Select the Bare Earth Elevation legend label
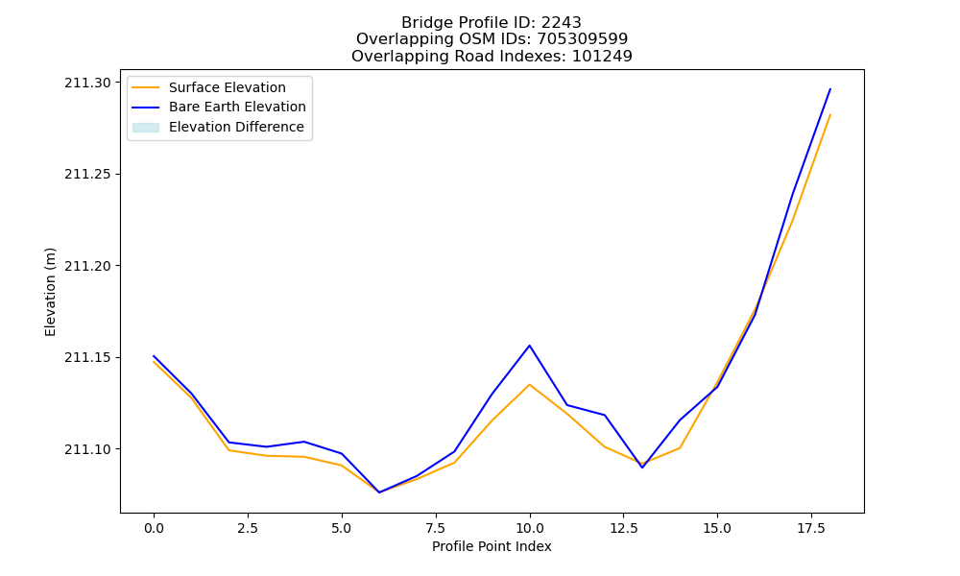(x=237, y=107)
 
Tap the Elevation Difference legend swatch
(x=146, y=128)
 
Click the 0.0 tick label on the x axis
(x=154, y=528)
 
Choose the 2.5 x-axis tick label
(x=248, y=528)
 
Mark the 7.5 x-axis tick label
(x=435, y=528)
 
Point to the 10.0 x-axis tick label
(x=530, y=528)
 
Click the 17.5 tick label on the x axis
(x=811, y=528)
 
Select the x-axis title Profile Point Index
(x=492, y=546)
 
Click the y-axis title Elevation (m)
(x=50, y=292)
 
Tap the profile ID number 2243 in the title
(x=561, y=23)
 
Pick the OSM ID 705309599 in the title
(x=583, y=39)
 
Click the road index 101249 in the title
(x=602, y=57)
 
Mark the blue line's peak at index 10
(x=530, y=346)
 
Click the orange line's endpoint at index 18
(x=830, y=114)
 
